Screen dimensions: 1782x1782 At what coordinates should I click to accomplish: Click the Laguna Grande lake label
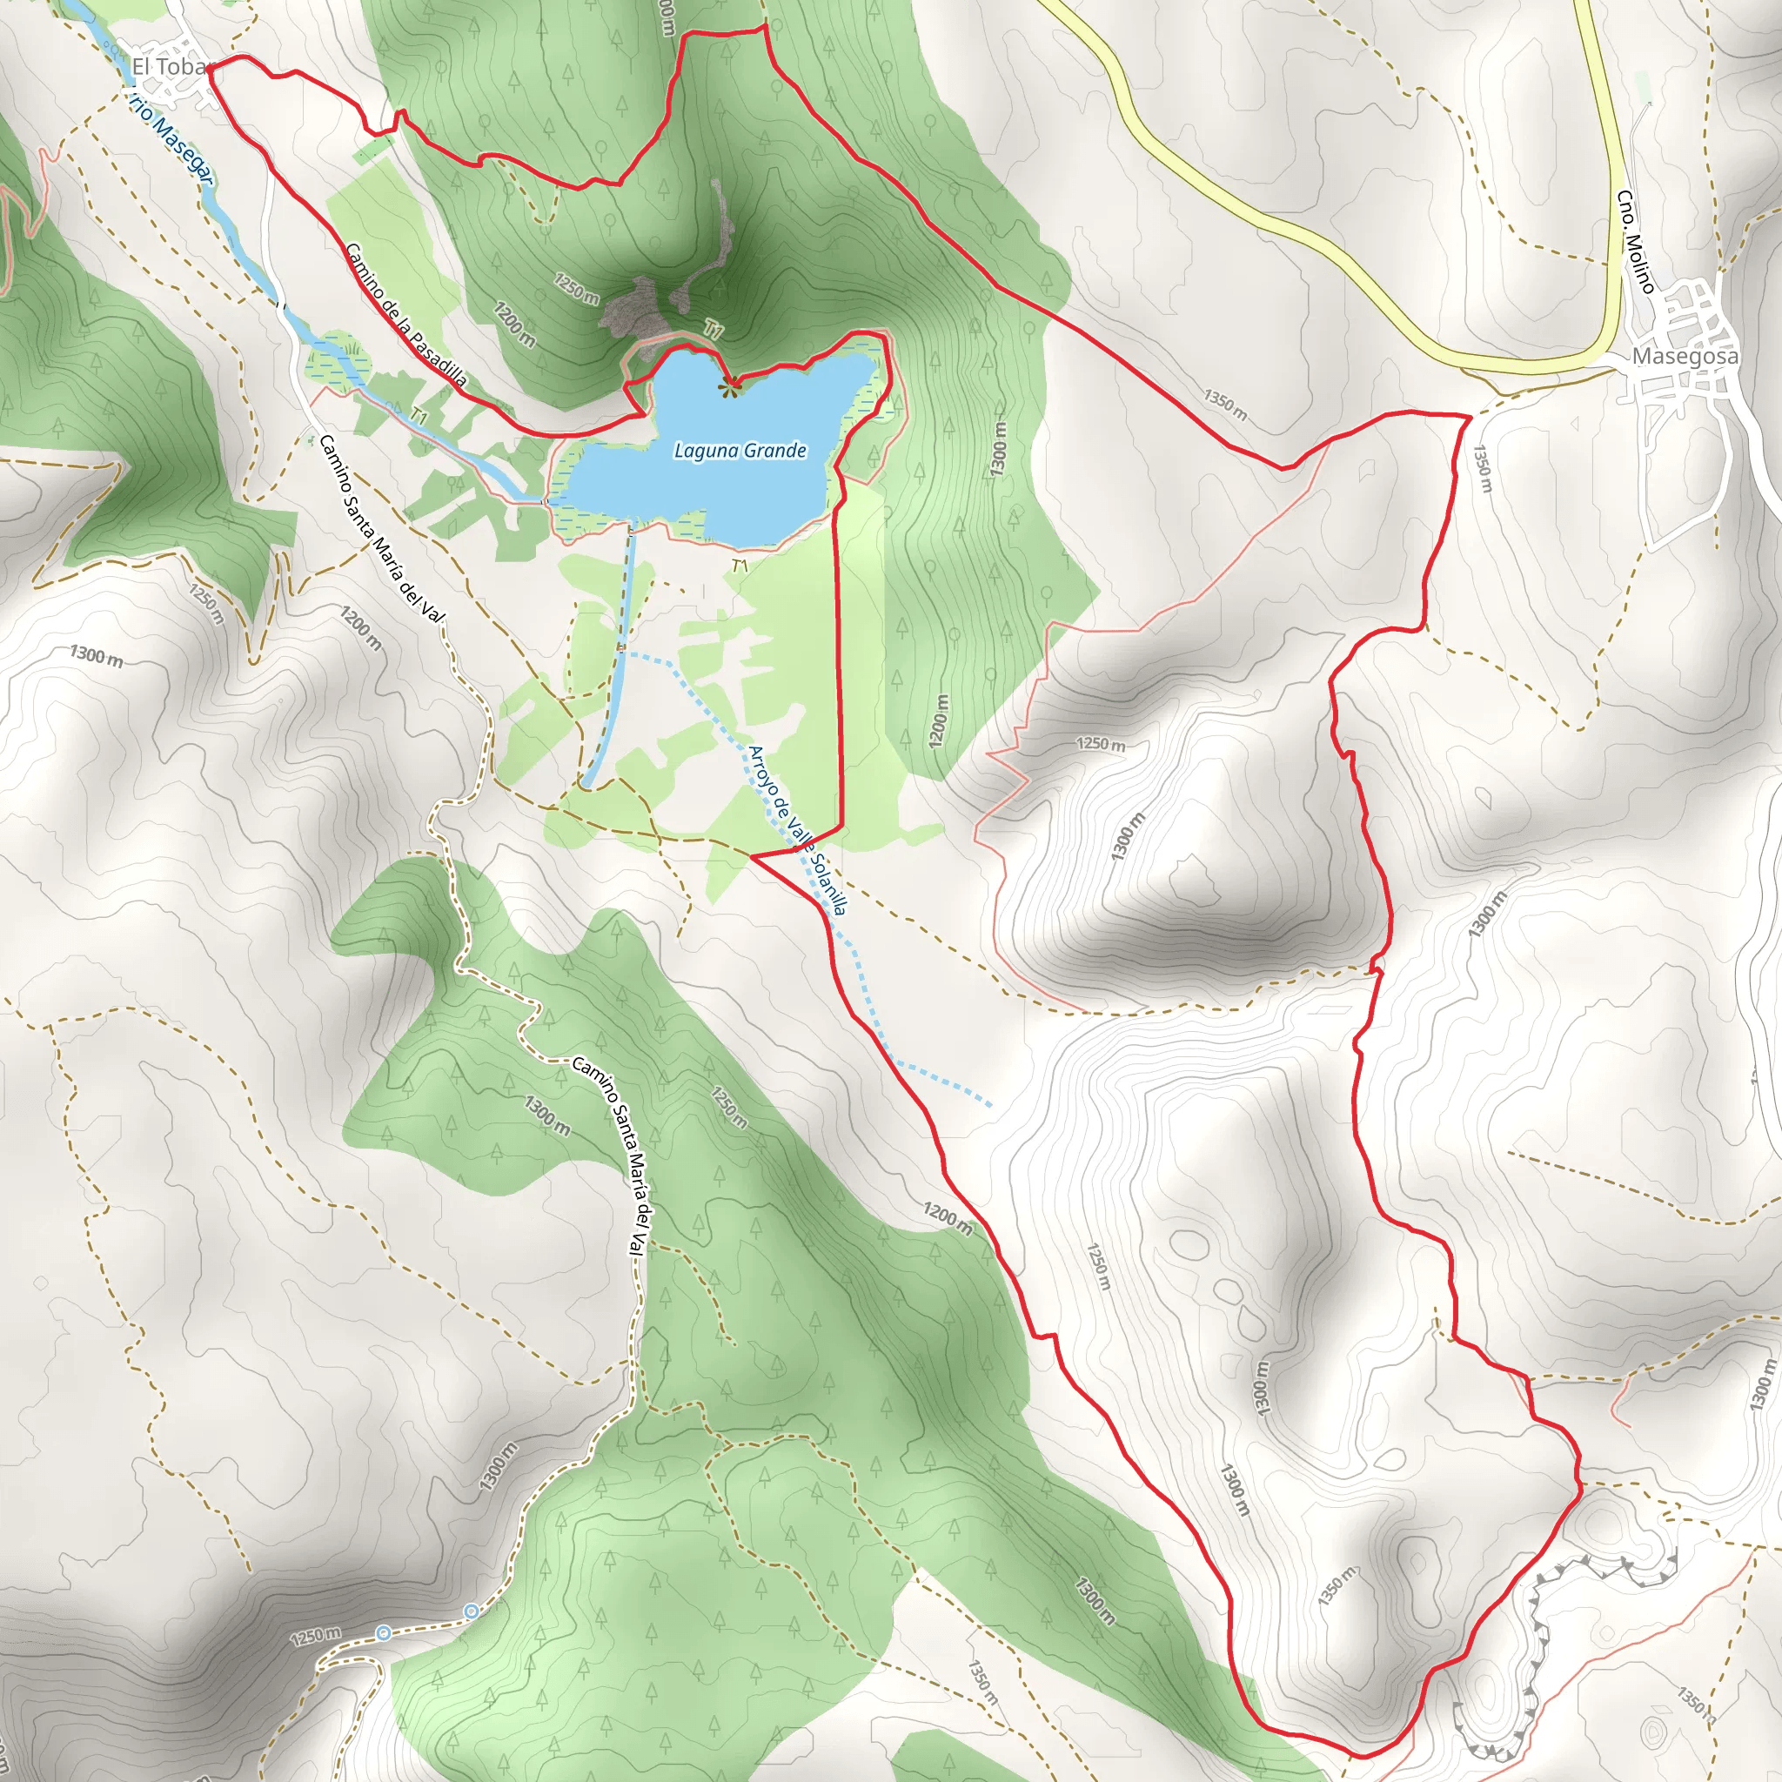[x=740, y=450]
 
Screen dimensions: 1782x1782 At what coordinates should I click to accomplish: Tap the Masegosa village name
[x=1685, y=356]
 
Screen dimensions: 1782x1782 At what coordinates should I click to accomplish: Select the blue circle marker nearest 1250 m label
[x=383, y=1633]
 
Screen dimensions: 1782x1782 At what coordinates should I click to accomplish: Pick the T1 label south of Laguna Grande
[x=740, y=565]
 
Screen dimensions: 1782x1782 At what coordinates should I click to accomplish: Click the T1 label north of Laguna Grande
[x=713, y=329]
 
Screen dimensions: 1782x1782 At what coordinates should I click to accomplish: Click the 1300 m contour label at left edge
[x=96, y=657]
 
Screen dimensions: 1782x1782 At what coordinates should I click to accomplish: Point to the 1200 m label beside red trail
[x=948, y=1217]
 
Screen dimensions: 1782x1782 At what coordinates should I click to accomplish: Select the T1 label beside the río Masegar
[x=419, y=417]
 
